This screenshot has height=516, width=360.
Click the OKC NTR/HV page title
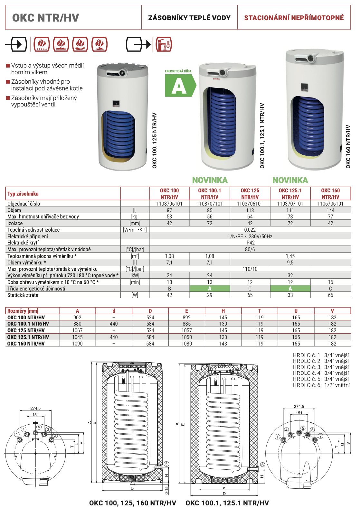pos(45,18)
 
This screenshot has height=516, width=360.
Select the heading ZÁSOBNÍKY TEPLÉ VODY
pos(189,18)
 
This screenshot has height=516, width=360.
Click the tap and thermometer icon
pos(164,44)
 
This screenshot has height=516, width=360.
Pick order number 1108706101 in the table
pos(169,204)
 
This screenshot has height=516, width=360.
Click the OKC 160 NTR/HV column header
pos(330,194)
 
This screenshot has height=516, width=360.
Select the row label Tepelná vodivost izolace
pos(33,230)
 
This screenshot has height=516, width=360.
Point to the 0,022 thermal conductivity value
pos(250,230)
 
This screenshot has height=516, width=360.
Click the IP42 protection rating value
pos(250,243)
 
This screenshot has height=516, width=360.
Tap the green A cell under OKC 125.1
pos(290,289)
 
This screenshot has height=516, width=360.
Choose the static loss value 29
pos(210,295)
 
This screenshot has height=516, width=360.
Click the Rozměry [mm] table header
pos(23,311)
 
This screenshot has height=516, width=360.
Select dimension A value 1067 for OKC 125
pos(77,330)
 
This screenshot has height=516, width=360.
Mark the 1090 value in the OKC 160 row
pos(77,344)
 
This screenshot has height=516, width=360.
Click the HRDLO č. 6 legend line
pos(321,385)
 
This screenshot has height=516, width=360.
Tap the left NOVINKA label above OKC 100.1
pos(210,180)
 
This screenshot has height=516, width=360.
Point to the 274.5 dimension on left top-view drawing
pos(35,408)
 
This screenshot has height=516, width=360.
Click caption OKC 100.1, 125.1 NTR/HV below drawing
pos(227,503)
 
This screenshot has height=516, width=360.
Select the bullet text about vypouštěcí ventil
pos(44,101)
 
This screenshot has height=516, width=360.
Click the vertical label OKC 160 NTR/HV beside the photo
pos(348,146)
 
